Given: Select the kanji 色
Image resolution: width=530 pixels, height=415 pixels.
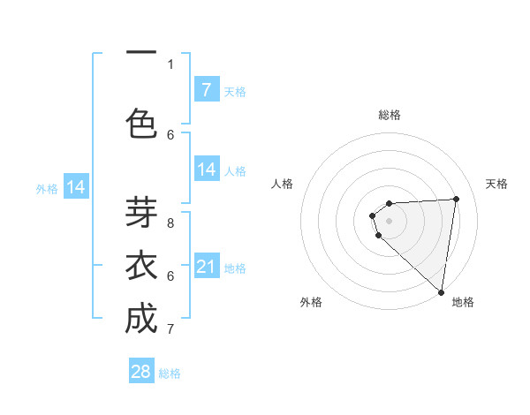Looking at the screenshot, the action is [x=141, y=124].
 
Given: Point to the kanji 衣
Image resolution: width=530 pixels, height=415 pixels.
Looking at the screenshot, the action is [x=141, y=266].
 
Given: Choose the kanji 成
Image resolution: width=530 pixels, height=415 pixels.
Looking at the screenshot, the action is [x=141, y=319].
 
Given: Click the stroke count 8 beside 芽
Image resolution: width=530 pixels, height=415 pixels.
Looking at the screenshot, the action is [x=170, y=223].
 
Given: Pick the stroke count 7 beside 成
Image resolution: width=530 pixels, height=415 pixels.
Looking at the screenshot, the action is [x=170, y=329].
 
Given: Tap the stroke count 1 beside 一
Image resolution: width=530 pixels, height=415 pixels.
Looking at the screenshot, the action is [x=170, y=64].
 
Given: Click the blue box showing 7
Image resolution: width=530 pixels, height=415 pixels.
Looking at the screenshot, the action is [x=206, y=89].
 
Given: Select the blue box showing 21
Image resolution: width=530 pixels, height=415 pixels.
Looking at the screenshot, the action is [x=206, y=266].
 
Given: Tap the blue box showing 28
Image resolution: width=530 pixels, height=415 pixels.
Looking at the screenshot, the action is [x=141, y=372].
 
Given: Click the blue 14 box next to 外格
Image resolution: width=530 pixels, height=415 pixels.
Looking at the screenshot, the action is [x=76, y=187].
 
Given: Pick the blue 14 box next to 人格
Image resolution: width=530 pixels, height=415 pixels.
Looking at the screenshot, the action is [x=206, y=170].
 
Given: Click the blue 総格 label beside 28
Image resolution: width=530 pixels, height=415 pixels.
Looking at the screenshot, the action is [x=170, y=373].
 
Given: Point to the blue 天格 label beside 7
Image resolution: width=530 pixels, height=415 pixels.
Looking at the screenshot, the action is [x=234, y=91].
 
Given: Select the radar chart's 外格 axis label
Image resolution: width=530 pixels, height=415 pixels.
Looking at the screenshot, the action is [x=311, y=302].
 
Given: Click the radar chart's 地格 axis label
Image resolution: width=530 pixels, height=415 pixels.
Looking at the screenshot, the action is [x=463, y=302].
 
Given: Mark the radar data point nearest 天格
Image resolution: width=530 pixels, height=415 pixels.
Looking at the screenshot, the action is [x=456, y=199].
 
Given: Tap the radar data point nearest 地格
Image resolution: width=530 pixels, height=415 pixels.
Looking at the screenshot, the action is [x=442, y=292].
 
